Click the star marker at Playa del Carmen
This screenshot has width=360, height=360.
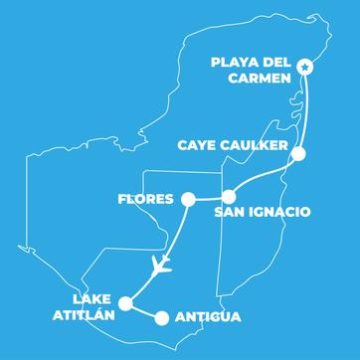click(305, 68)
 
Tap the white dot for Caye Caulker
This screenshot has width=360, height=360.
click(298, 153)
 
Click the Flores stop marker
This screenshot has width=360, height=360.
click(186, 199)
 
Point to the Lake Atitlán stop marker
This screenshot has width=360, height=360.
click(124, 303)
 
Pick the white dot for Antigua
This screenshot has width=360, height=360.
click(161, 318)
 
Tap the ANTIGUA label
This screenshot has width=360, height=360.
click(206, 319)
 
